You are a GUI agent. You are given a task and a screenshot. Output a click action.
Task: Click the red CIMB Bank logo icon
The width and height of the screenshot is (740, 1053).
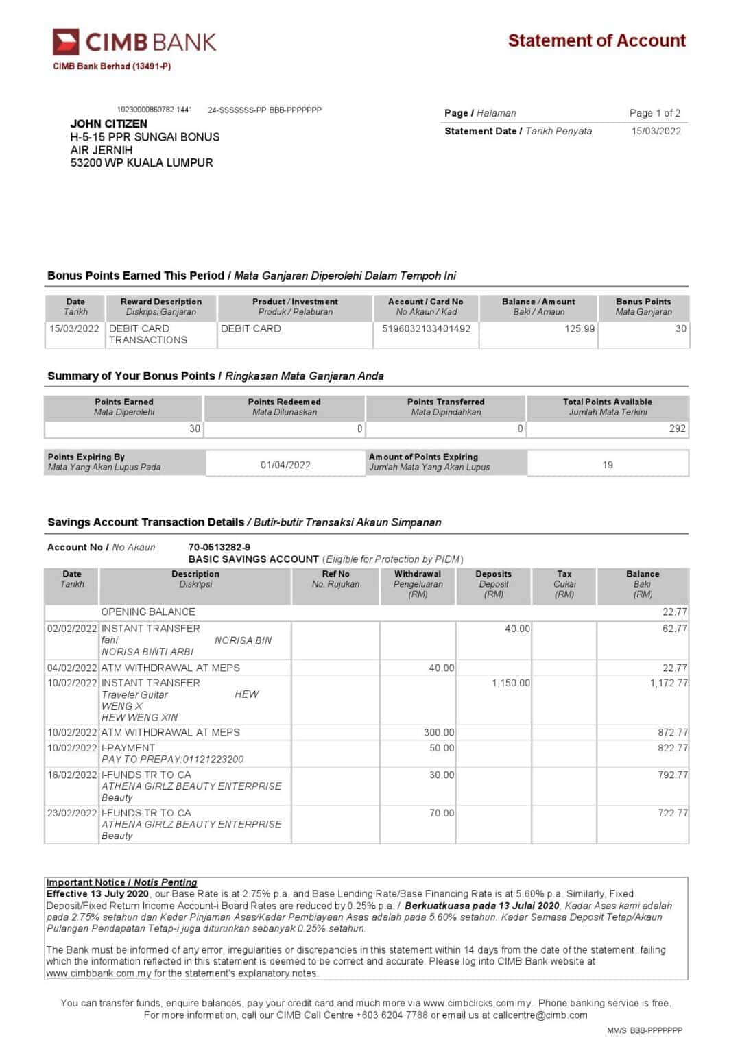click(66, 42)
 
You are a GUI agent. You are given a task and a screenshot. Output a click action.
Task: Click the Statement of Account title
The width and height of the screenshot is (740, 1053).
click(596, 41)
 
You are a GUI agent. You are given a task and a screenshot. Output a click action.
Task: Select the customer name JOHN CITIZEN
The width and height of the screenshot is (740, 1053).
click(108, 124)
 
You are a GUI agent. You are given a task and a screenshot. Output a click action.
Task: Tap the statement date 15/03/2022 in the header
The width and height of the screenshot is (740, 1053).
click(656, 131)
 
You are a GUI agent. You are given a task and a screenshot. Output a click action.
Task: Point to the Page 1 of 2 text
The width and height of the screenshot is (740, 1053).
click(654, 113)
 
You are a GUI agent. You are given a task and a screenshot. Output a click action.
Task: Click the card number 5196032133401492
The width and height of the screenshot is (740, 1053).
click(426, 329)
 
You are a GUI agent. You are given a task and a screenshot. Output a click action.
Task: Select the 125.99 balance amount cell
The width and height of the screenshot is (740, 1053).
click(580, 329)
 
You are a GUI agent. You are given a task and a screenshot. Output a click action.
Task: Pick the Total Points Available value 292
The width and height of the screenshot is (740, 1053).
click(677, 428)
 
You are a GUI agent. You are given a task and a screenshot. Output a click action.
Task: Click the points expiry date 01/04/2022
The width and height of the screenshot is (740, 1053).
click(285, 465)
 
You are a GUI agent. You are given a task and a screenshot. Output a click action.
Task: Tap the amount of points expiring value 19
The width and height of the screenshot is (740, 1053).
click(608, 465)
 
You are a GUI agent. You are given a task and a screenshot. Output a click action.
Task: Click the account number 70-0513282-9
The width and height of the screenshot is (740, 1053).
click(219, 547)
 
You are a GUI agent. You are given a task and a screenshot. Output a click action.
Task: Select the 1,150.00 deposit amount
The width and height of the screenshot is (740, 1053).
click(510, 683)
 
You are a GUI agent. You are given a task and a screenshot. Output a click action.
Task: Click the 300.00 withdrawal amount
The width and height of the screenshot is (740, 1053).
click(438, 733)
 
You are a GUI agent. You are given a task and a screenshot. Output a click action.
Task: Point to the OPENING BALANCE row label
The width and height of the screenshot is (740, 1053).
click(148, 612)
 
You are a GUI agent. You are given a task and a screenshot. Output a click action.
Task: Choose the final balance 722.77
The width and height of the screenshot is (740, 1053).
click(672, 813)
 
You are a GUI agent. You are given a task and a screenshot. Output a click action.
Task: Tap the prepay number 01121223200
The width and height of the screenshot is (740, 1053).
click(213, 760)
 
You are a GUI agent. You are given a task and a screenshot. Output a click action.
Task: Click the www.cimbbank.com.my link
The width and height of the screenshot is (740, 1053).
click(99, 973)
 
